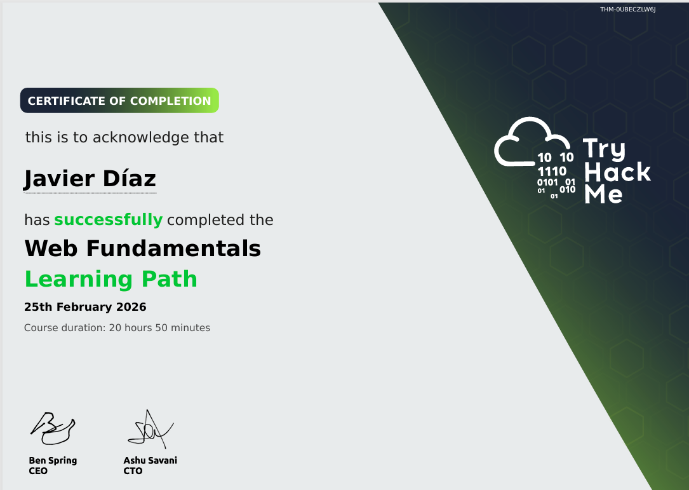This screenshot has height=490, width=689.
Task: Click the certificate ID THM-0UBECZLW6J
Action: tap(627, 10)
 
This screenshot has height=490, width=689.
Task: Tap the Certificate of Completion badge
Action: tap(119, 100)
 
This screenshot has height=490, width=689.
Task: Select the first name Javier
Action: tap(59, 179)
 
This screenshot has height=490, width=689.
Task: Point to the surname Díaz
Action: tap(129, 178)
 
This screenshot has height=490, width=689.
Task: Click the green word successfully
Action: tap(108, 219)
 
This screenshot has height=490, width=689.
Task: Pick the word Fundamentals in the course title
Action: tap(173, 248)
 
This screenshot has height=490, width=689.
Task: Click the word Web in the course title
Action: tap(51, 248)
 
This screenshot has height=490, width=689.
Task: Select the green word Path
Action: tap(170, 279)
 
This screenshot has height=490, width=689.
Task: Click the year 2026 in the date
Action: tap(131, 307)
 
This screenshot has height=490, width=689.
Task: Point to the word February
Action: tap(84, 307)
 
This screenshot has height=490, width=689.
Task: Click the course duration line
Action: tap(117, 328)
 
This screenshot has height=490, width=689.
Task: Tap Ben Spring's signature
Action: tap(53, 428)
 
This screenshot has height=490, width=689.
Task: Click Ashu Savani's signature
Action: tap(151, 429)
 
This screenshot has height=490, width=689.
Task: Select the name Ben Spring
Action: tap(53, 461)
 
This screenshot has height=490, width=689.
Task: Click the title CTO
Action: tap(133, 471)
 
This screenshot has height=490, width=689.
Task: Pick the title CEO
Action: tap(38, 471)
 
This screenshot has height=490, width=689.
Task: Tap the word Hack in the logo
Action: tap(617, 172)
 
